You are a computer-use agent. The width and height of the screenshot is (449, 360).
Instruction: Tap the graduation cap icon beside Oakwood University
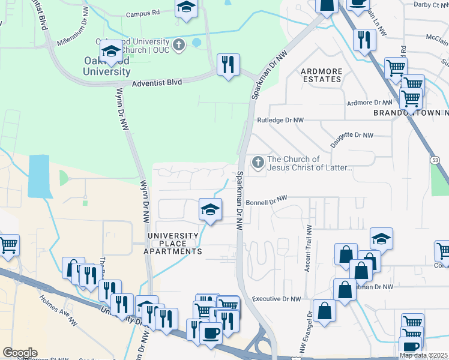pyautogui.click(x=111, y=52)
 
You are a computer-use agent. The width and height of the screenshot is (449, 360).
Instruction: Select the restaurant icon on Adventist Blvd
pyautogui.click(x=228, y=65)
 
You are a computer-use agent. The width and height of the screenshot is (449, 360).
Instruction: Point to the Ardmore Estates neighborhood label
pyautogui.click(x=322, y=75)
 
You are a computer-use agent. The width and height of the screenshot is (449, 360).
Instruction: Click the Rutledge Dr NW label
pyautogui.click(x=280, y=120)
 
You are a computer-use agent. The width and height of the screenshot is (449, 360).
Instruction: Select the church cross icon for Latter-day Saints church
pyautogui.click(x=258, y=163)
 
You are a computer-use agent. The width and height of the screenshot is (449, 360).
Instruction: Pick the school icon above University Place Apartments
pyautogui.click(x=210, y=209)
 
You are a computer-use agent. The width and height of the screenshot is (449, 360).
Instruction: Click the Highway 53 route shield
pyautogui.click(x=436, y=159)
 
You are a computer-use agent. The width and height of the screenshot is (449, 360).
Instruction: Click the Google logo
pyautogui.click(x=20, y=353)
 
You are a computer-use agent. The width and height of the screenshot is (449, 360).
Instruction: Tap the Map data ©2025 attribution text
pyautogui.click(x=423, y=355)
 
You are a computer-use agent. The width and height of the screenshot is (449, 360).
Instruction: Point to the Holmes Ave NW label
pyautogui.click(x=58, y=305)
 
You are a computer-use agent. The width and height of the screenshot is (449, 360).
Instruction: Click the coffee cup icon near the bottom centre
pyautogui.click(x=210, y=332)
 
